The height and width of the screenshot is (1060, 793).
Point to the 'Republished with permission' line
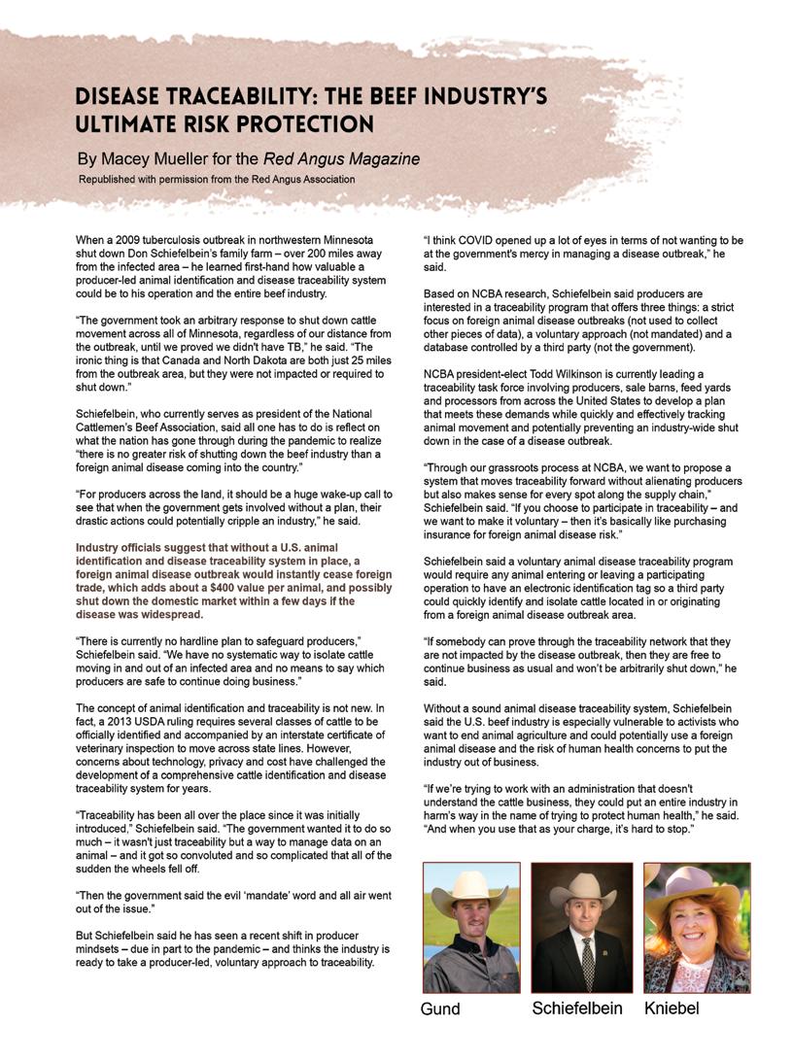217,179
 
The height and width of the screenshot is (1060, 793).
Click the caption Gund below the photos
440,1009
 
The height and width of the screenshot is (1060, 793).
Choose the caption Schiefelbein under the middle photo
577,1009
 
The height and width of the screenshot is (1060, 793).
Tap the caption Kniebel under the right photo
672,1009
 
